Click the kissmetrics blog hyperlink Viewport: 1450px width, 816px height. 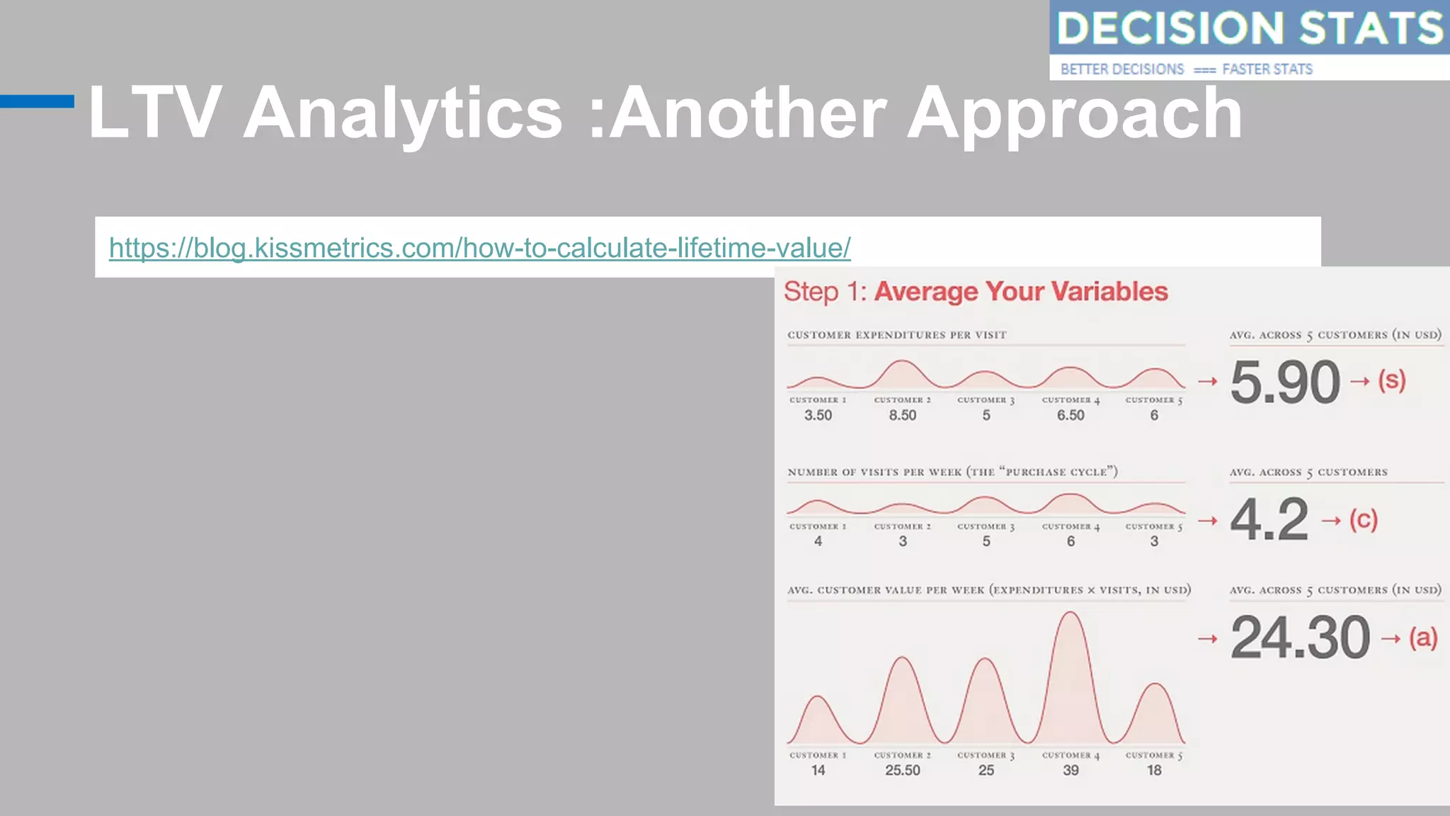pos(479,248)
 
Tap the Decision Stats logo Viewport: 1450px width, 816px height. pos(1249,40)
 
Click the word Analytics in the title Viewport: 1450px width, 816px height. pos(403,113)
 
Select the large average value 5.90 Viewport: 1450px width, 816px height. pos(1285,382)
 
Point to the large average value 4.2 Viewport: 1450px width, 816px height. pos(1269,520)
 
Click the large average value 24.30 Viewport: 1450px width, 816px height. pos(1300,638)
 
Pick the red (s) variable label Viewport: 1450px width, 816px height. pos(1391,381)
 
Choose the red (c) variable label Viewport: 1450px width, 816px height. pos(1363,520)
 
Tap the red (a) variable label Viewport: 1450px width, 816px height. pos(1422,638)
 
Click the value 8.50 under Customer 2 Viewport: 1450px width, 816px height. pos(903,415)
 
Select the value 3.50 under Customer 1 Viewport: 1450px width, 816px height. pos(818,415)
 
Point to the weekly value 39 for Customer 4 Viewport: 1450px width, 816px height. pos(1071,770)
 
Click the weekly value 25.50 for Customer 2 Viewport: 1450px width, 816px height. pos(903,770)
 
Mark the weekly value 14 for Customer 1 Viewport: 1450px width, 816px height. pos(818,770)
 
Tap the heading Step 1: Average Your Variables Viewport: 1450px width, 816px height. pos(976,292)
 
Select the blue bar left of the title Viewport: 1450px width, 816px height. pos(37,101)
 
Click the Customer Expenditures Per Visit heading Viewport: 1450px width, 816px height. pos(896,335)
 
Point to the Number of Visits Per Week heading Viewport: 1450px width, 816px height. pos(952,472)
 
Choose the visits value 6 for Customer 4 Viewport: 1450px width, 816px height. pos(1071,541)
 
